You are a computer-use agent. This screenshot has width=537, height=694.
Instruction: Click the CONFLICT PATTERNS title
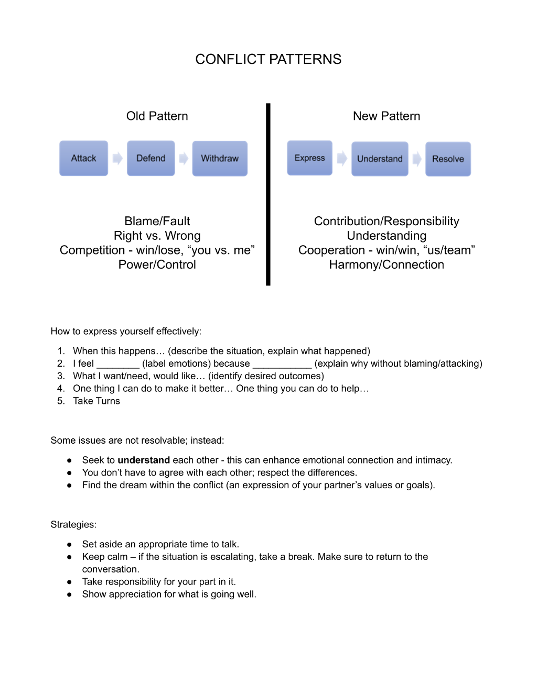click(268, 59)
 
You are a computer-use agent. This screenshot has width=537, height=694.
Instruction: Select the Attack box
click(83, 158)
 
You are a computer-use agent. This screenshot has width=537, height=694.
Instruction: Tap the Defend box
click(151, 158)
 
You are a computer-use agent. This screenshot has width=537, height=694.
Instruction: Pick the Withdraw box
click(220, 158)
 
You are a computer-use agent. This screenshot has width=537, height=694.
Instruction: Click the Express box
click(309, 158)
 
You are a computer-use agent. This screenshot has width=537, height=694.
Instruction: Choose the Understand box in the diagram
click(380, 159)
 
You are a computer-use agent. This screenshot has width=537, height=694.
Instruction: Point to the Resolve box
click(448, 159)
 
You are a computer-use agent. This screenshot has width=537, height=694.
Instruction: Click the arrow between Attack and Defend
click(117, 158)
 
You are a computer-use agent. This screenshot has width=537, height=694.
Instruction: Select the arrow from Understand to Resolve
click(417, 159)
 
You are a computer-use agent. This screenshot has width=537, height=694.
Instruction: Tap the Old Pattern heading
click(157, 116)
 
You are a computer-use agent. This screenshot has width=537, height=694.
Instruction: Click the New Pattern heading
click(386, 116)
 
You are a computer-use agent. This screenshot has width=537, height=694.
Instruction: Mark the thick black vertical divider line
click(268, 194)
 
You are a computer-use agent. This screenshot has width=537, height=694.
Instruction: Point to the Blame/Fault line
click(157, 221)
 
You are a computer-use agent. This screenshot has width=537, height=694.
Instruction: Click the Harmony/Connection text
click(386, 265)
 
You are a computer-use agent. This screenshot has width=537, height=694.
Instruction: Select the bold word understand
click(144, 460)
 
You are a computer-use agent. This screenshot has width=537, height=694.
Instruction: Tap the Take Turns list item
click(96, 401)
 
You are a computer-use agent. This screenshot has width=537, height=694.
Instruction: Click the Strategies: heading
click(73, 524)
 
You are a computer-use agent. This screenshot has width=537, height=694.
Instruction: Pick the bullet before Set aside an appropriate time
click(69, 545)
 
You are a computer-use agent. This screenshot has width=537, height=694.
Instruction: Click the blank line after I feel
click(118, 367)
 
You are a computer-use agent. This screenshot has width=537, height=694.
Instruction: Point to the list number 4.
click(61, 388)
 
